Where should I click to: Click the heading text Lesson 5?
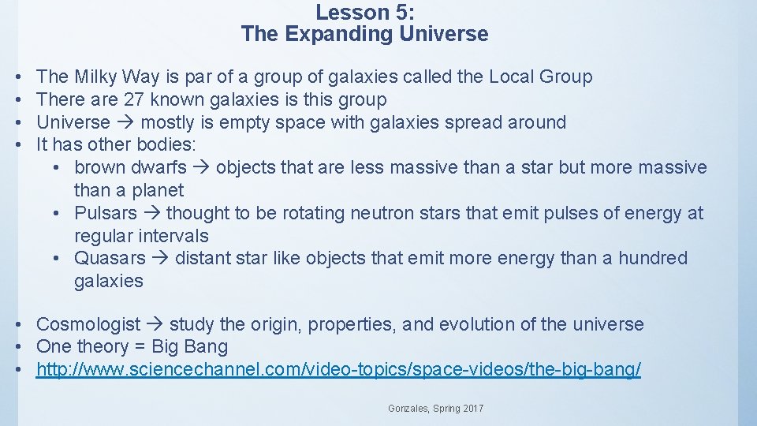(364, 13)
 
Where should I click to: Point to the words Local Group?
(540, 77)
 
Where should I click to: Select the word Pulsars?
(106, 214)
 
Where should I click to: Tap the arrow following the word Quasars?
(160, 259)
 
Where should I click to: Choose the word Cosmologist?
(88, 325)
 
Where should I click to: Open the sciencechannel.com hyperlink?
(338, 370)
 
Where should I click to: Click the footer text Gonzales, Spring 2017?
(436, 409)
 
